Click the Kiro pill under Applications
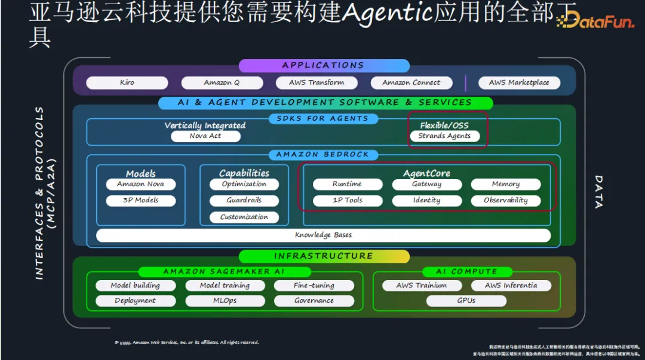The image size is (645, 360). click(x=127, y=83)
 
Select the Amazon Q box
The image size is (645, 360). click(x=222, y=83)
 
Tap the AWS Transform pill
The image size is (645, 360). click(x=317, y=83)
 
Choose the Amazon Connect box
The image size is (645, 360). click(x=411, y=83)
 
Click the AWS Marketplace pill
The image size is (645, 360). click(x=519, y=83)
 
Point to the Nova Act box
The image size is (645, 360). click(x=205, y=136)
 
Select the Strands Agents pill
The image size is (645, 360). click(x=444, y=136)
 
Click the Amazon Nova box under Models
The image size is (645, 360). click(x=141, y=184)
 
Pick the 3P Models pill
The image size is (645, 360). click(x=141, y=201)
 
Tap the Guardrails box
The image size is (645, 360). click(x=244, y=201)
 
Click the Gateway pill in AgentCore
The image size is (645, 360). click(x=426, y=184)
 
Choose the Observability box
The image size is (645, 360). click(x=506, y=201)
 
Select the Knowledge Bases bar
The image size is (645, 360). click(x=323, y=235)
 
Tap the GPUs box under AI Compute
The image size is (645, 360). click(x=466, y=301)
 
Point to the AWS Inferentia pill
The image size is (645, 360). click(x=511, y=285)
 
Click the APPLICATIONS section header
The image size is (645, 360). click(x=323, y=66)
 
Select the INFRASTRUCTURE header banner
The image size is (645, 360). click(x=323, y=256)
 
